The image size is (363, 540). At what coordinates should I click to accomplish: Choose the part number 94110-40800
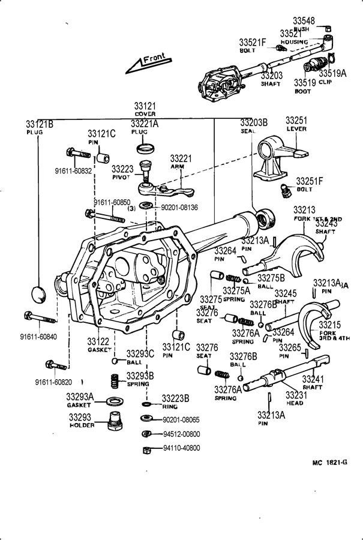[x=182, y=448]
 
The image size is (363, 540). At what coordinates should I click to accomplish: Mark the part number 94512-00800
[x=182, y=434]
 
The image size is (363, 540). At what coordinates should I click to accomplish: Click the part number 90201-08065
[x=182, y=419]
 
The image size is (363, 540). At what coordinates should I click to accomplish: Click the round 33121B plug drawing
[x=39, y=294]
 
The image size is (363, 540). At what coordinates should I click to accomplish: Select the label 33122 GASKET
[x=98, y=344]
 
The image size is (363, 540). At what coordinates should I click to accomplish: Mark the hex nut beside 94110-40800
[x=146, y=449]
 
